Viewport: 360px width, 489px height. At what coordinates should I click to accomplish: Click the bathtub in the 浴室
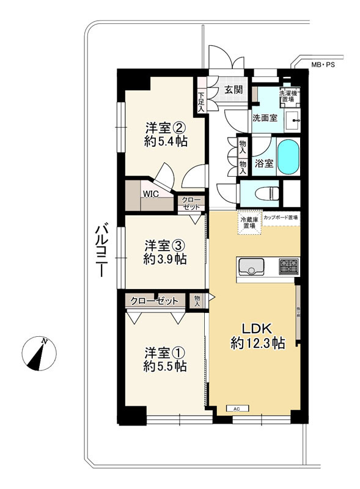287,157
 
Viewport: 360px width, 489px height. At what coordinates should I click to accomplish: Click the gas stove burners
288,267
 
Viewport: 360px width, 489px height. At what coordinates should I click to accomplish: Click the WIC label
150,194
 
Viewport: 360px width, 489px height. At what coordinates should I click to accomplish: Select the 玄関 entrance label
232,90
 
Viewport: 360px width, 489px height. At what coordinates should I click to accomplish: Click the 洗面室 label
266,119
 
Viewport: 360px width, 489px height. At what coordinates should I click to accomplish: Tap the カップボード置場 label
281,217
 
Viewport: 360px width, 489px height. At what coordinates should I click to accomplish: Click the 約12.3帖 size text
257,344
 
